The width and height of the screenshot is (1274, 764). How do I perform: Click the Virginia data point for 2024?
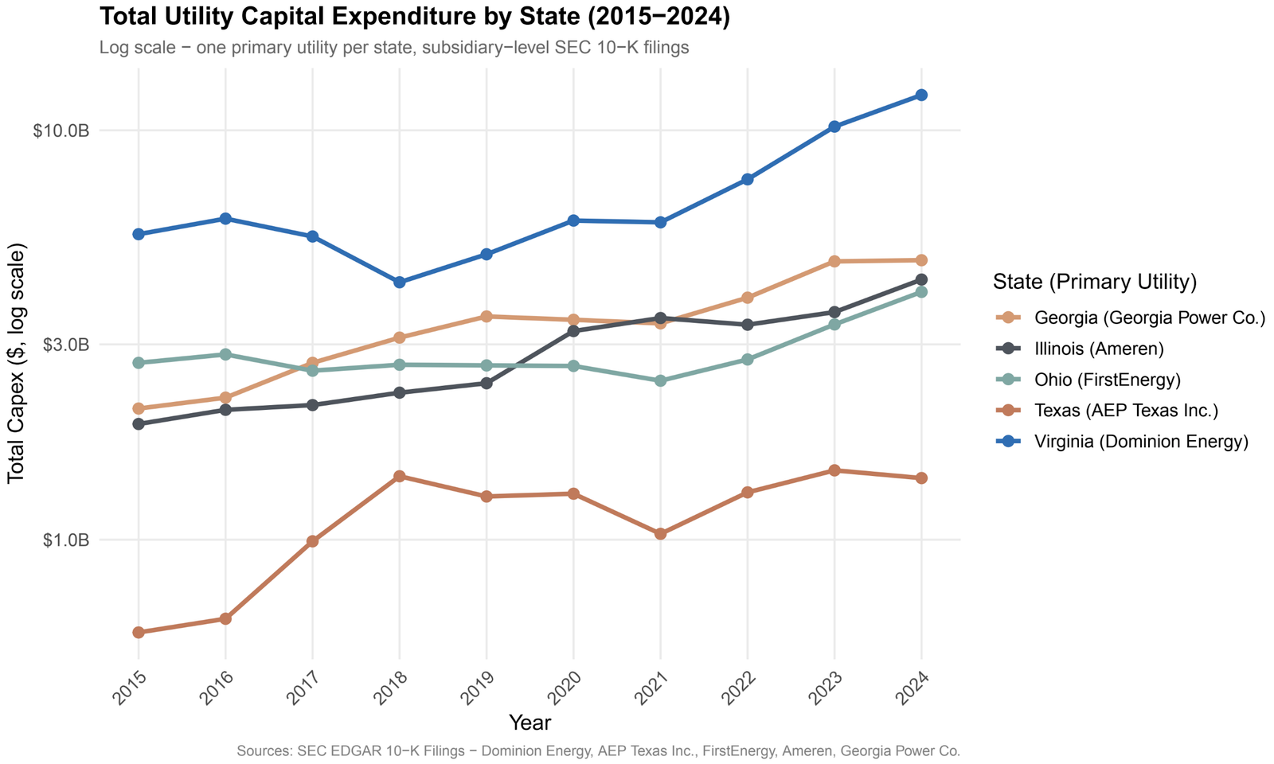(x=921, y=95)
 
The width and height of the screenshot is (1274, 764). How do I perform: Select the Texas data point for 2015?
(x=139, y=632)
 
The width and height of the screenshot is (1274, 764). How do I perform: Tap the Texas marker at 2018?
(x=400, y=476)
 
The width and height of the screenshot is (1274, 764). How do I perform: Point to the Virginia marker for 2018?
(x=400, y=283)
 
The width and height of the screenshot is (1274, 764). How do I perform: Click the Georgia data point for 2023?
(x=834, y=262)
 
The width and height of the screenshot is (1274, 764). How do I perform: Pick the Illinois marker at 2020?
(x=573, y=331)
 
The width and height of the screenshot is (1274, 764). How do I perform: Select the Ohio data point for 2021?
(x=660, y=380)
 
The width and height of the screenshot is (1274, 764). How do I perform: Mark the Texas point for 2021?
(x=660, y=533)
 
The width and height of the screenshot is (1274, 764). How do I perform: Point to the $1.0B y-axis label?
(x=64, y=540)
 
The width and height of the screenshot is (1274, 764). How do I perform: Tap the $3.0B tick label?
(x=64, y=345)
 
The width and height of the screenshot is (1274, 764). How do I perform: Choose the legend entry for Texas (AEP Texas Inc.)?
(x=1126, y=411)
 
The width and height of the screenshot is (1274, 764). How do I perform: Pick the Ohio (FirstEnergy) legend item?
(x=1107, y=380)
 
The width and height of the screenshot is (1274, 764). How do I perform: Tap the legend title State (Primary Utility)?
(x=1095, y=282)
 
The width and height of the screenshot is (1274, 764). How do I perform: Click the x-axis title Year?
(x=530, y=723)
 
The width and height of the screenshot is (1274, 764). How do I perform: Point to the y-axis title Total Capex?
(x=17, y=363)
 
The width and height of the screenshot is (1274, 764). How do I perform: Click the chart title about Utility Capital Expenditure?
(x=415, y=17)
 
